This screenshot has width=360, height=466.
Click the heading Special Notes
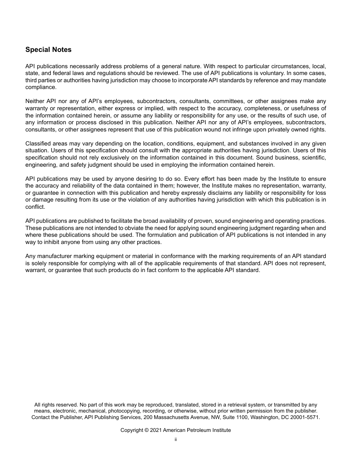[48, 50]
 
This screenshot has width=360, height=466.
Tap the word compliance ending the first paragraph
[41, 87]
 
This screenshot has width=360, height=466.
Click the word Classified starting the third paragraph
[37, 144]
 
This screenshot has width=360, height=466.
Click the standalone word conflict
[35, 207]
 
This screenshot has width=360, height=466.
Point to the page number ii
[175, 440]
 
